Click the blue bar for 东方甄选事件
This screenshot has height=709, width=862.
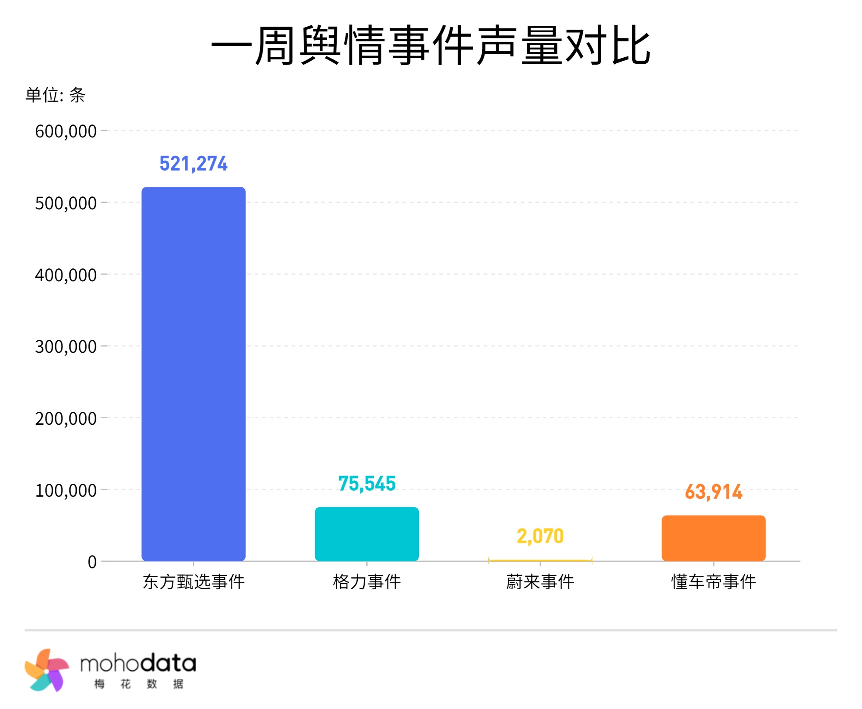(194, 373)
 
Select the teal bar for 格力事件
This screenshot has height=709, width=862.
(367, 534)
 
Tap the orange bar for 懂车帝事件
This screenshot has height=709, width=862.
(713, 538)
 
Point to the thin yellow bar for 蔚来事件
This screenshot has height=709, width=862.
(540, 560)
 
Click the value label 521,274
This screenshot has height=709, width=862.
(194, 164)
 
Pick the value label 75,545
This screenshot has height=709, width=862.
(367, 483)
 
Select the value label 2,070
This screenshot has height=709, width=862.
(540, 536)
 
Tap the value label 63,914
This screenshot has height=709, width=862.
(713, 492)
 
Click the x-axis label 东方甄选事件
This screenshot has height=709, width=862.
(194, 582)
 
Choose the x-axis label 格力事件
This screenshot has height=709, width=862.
(367, 582)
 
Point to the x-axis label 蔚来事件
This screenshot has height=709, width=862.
(540, 582)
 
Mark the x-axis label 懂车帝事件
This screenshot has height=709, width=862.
(713, 582)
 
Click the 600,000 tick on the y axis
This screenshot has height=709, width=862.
(66, 131)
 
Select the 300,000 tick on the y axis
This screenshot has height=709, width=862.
(66, 347)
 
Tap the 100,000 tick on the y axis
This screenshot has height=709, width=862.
(66, 491)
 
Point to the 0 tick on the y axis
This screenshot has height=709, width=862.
(92, 562)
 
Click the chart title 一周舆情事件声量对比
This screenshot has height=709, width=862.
(431, 45)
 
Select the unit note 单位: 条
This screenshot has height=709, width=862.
(55, 95)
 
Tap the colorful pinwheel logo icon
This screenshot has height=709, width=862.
(47, 671)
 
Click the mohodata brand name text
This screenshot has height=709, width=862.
(138, 664)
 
